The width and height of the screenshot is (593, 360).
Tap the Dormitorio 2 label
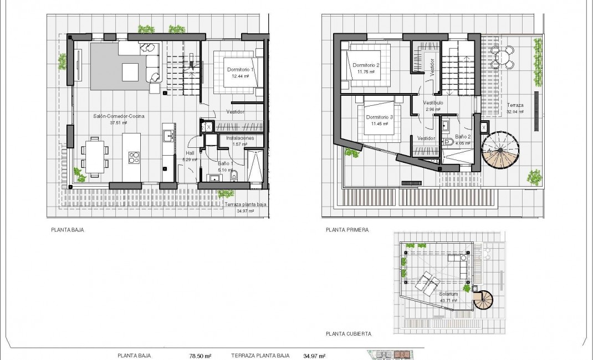(366, 66)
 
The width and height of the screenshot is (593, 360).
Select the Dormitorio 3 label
(380, 118)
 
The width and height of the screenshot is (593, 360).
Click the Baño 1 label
(225, 164)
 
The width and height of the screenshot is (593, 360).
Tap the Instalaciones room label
(240, 138)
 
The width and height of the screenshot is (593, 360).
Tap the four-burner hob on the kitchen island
(134, 158)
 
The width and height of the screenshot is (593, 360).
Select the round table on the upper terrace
(507, 55)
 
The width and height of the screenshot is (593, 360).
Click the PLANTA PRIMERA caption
(347, 229)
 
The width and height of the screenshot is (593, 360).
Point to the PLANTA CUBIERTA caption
(349, 335)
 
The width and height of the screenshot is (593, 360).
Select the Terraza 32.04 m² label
(515, 107)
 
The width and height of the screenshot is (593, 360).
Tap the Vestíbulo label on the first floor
(432, 104)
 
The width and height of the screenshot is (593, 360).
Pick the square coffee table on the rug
(130, 72)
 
